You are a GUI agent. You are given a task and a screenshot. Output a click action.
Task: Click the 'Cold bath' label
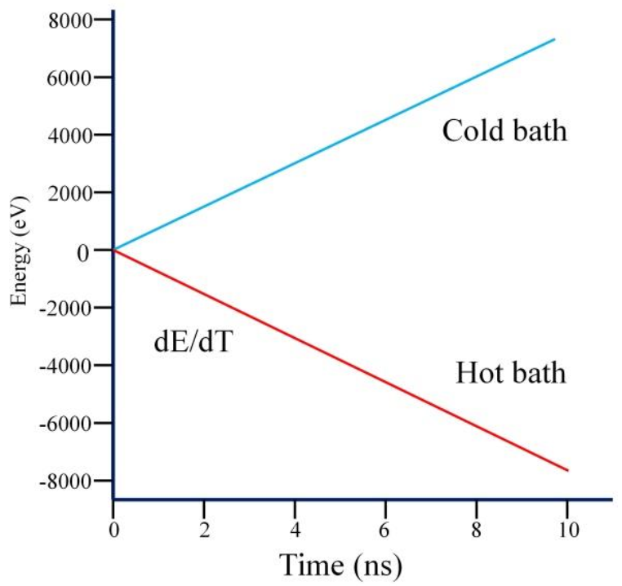tap(504, 131)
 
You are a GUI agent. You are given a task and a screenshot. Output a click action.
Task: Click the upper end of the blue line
tap(554, 39)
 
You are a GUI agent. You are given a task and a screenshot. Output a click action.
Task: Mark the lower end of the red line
tap(567, 470)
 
